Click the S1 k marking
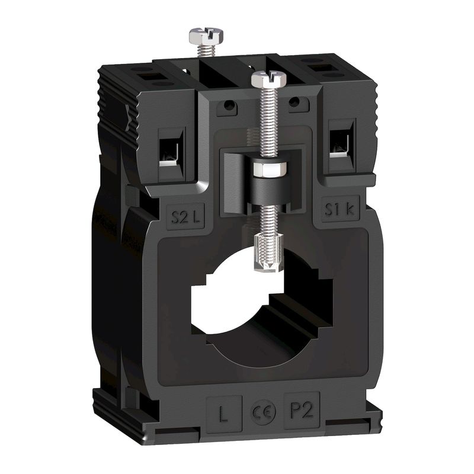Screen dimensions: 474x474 pos(337,209)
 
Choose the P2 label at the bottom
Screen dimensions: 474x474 pos(299,411)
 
